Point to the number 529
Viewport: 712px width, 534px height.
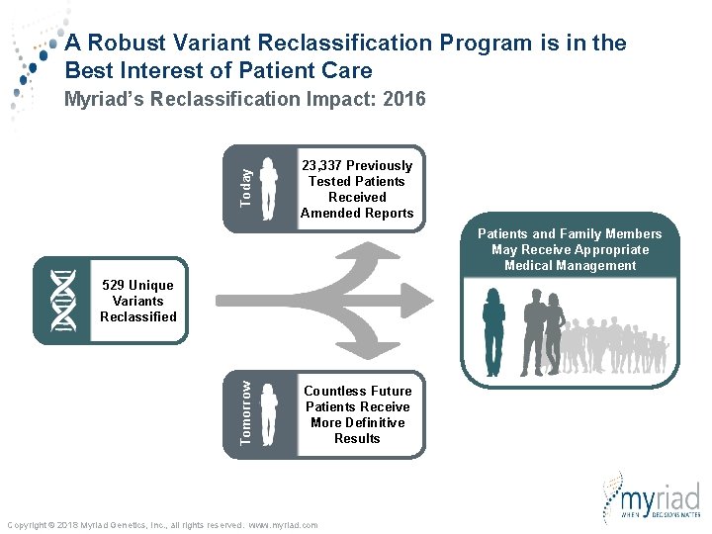coord(116,286)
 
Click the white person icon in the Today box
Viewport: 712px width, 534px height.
coord(268,183)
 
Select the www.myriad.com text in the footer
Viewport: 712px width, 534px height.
coord(283,525)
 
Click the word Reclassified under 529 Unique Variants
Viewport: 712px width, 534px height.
coord(138,316)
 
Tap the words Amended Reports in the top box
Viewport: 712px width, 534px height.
coord(357,213)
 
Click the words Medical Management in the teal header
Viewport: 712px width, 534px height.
coord(571,265)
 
